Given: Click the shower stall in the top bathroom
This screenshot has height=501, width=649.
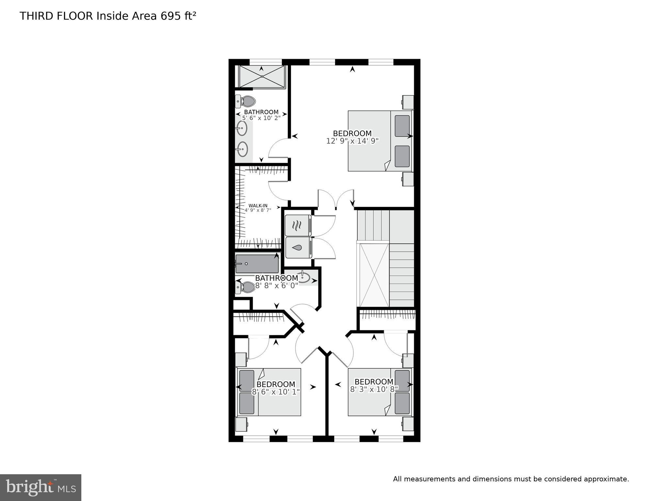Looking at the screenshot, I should tap(262, 77).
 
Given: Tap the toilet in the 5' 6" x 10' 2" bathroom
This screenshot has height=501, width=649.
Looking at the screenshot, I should tap(246, 102).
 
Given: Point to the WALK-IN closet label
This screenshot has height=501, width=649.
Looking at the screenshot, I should tap(258, 206).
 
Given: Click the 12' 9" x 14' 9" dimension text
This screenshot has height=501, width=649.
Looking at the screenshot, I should tap(352, 141).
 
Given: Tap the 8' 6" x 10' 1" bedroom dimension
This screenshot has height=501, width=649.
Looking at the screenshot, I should tap(276, 392).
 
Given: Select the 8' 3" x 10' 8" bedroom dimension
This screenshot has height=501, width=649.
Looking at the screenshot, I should tap(374, 389).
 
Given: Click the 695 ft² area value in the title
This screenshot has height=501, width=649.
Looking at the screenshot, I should tap(178, 16).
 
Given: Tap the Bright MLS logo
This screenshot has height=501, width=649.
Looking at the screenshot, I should tap(41, 487).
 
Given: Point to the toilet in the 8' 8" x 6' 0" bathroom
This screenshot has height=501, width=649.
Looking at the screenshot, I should tap(246, 287).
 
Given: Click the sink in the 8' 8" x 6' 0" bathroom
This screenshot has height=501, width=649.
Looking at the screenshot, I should tap(303, 277).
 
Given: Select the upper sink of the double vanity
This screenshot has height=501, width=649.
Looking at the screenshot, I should tap(242, 128).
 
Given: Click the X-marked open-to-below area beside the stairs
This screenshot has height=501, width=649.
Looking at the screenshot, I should tap(374, 274).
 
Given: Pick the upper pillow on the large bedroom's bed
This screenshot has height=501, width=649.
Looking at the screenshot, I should tap(402, 126).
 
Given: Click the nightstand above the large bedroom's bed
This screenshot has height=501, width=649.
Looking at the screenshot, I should tap(408, 102).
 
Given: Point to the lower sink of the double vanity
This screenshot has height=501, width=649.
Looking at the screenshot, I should tap(242, 149).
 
